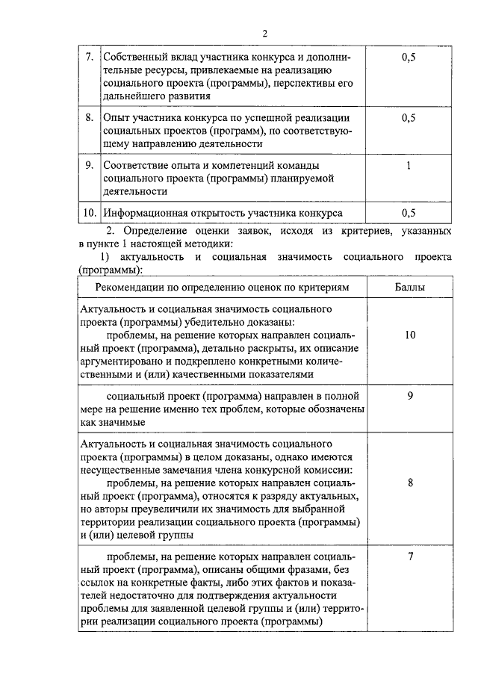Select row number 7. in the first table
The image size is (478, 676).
tap(89, 58)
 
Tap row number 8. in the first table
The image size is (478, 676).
tap(89, 117)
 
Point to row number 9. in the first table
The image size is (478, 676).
tap(89, 164)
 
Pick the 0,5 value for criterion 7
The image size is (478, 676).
tap(409, 58)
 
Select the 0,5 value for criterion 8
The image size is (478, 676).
tap(409, 117)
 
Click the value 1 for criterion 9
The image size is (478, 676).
tap(409, 164)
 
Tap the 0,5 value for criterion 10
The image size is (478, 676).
tap(409, 212)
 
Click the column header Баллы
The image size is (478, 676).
tap(409, 288)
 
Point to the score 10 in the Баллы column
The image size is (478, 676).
tap(410, 335)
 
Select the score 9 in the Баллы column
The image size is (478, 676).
tap(410, 396)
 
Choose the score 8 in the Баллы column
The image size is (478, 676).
tap(410, 483)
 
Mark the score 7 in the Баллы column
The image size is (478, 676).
tap(410, 556)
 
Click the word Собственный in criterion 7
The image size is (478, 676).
tap(135, 58)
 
